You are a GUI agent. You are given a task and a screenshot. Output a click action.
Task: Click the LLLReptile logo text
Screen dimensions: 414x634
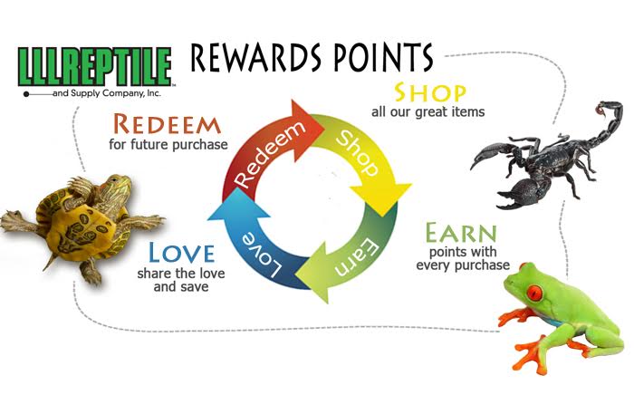95,65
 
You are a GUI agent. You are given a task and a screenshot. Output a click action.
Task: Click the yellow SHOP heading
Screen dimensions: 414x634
430,93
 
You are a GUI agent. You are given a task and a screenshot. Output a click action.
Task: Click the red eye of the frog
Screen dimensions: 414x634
534,295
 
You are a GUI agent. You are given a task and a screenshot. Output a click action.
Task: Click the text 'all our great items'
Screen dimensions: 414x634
427,112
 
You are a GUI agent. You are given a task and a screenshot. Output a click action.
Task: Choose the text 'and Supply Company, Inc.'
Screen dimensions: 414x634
110,91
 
